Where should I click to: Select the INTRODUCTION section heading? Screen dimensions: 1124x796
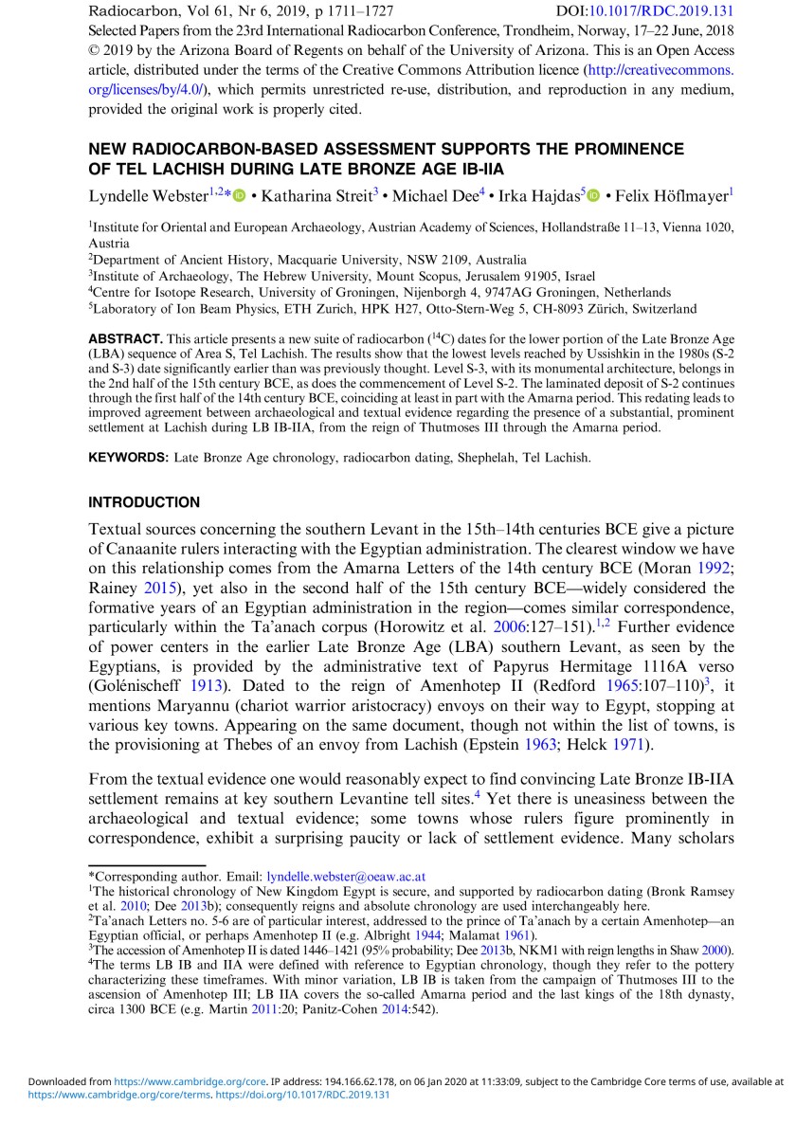(144, 502)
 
